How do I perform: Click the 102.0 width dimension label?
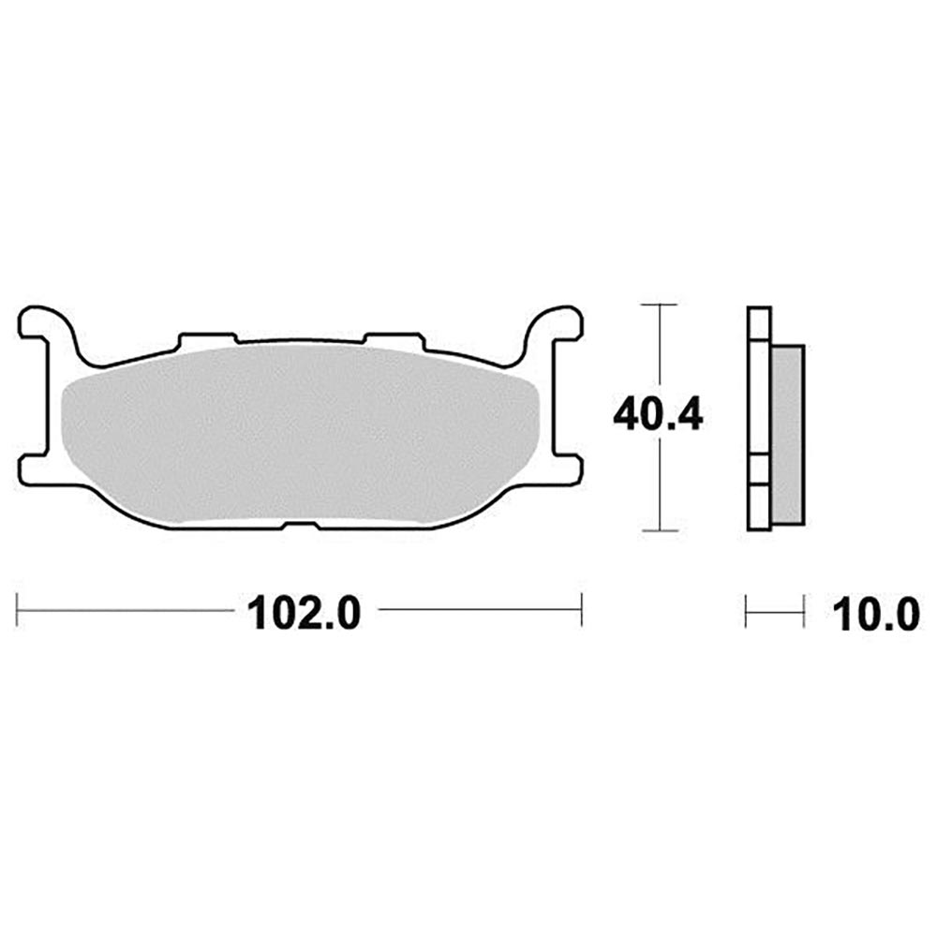[305, 612]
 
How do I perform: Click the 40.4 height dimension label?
[658, 416]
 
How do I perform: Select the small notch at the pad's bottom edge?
[300, 526]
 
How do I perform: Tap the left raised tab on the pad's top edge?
[208, 339]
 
